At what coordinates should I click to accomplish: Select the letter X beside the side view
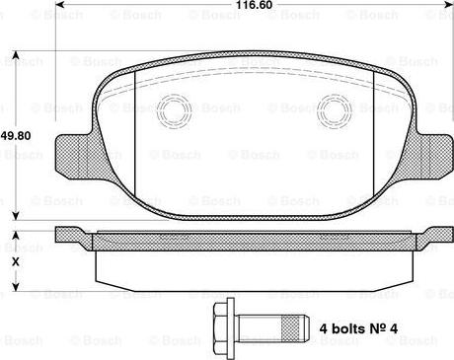click(x=14, y=262)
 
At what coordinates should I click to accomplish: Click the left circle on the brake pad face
click(x=178, y=110)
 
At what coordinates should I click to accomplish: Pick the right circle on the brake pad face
click(x=334, y=110)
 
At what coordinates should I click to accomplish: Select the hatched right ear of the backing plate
click(x=431, y=149)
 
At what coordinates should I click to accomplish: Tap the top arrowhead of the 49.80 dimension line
click(x=14, y=49)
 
